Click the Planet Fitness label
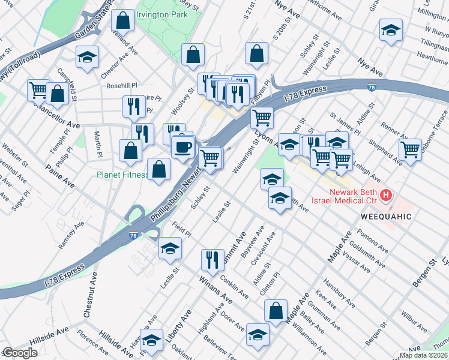(x=123, y=175)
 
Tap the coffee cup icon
(x=183, y=146)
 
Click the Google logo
(x=19, y=353)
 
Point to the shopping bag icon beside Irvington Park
(x=122, y=21)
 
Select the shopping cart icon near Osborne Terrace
(x=410, y=149)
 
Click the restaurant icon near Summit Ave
(x=212, y=260)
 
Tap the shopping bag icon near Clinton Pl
(x=275, y=311)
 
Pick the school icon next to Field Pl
(x=170, y=248)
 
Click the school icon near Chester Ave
(x=87, y=58)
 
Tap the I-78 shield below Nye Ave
(x=372, y=88)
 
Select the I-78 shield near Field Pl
(x=133, y=236)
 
